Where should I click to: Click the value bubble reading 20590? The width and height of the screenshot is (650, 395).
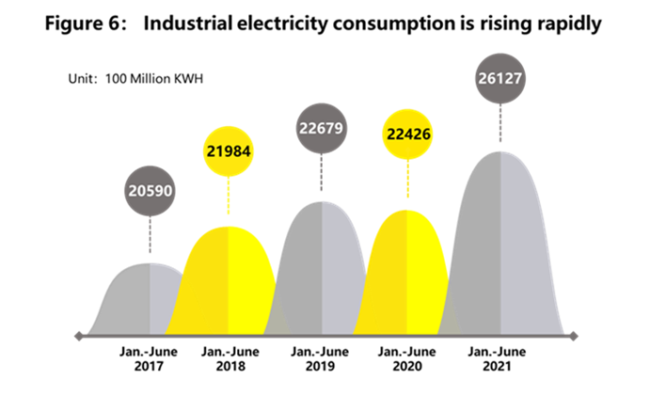(x=150, y=191)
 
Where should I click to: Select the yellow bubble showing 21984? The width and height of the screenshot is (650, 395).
(x=229, y=152)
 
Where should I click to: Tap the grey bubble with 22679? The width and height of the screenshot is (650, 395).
(x=323, y=132)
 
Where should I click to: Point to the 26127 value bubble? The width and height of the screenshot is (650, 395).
(x=501, y=80)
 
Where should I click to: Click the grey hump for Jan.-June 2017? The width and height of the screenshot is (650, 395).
(x=141, y=301)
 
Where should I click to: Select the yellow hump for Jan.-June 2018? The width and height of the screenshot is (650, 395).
(x=229, y=282)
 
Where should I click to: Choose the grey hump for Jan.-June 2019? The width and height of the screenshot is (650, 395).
(x=323, y=273)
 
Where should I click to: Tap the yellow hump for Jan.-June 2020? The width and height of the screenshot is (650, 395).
(x=407, y=277)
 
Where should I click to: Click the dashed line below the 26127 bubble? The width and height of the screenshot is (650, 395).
(x=501, y=128)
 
